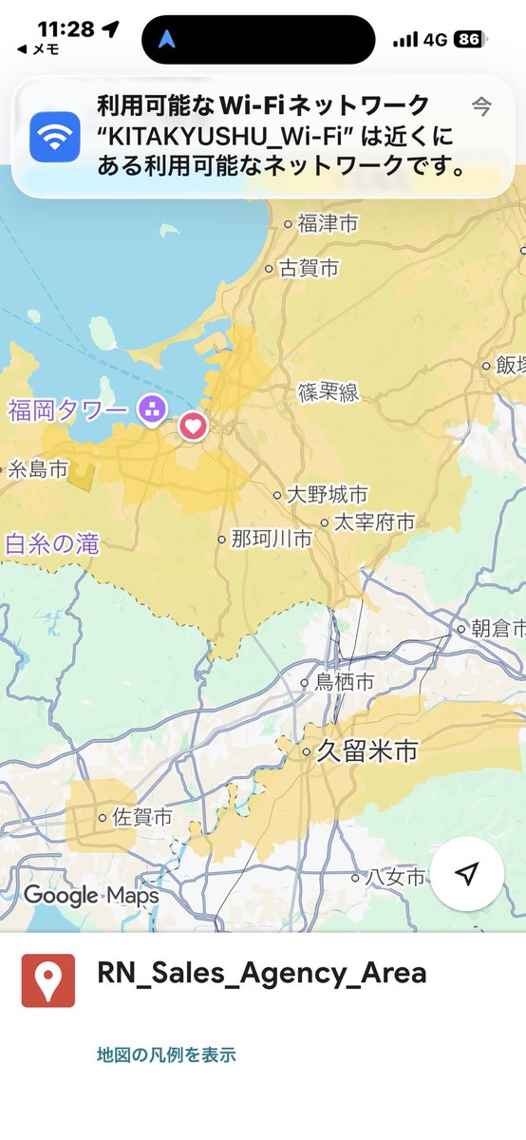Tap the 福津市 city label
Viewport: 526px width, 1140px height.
[328, 224]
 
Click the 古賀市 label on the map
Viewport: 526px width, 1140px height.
[309, 269]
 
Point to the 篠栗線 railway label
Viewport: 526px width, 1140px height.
[329, 391]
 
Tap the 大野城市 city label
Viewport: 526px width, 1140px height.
[327, 495]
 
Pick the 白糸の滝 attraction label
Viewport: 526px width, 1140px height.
[51, 544]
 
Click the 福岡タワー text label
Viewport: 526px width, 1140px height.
[66, 411]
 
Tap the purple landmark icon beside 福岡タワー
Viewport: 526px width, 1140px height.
[150, 409]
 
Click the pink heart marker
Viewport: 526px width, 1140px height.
[193, 426]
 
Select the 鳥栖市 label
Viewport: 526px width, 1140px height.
[344, 682]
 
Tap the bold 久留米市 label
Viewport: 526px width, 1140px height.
[366, 751]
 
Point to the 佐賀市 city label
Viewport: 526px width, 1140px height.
[141, 817]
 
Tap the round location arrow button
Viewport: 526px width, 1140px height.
[466, 874]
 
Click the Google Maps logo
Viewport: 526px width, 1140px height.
[91, 895]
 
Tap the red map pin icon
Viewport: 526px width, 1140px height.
[48, 979]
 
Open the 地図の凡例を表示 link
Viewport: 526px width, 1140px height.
[166, 1054]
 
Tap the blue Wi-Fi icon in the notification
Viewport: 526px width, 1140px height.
[55, 138]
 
